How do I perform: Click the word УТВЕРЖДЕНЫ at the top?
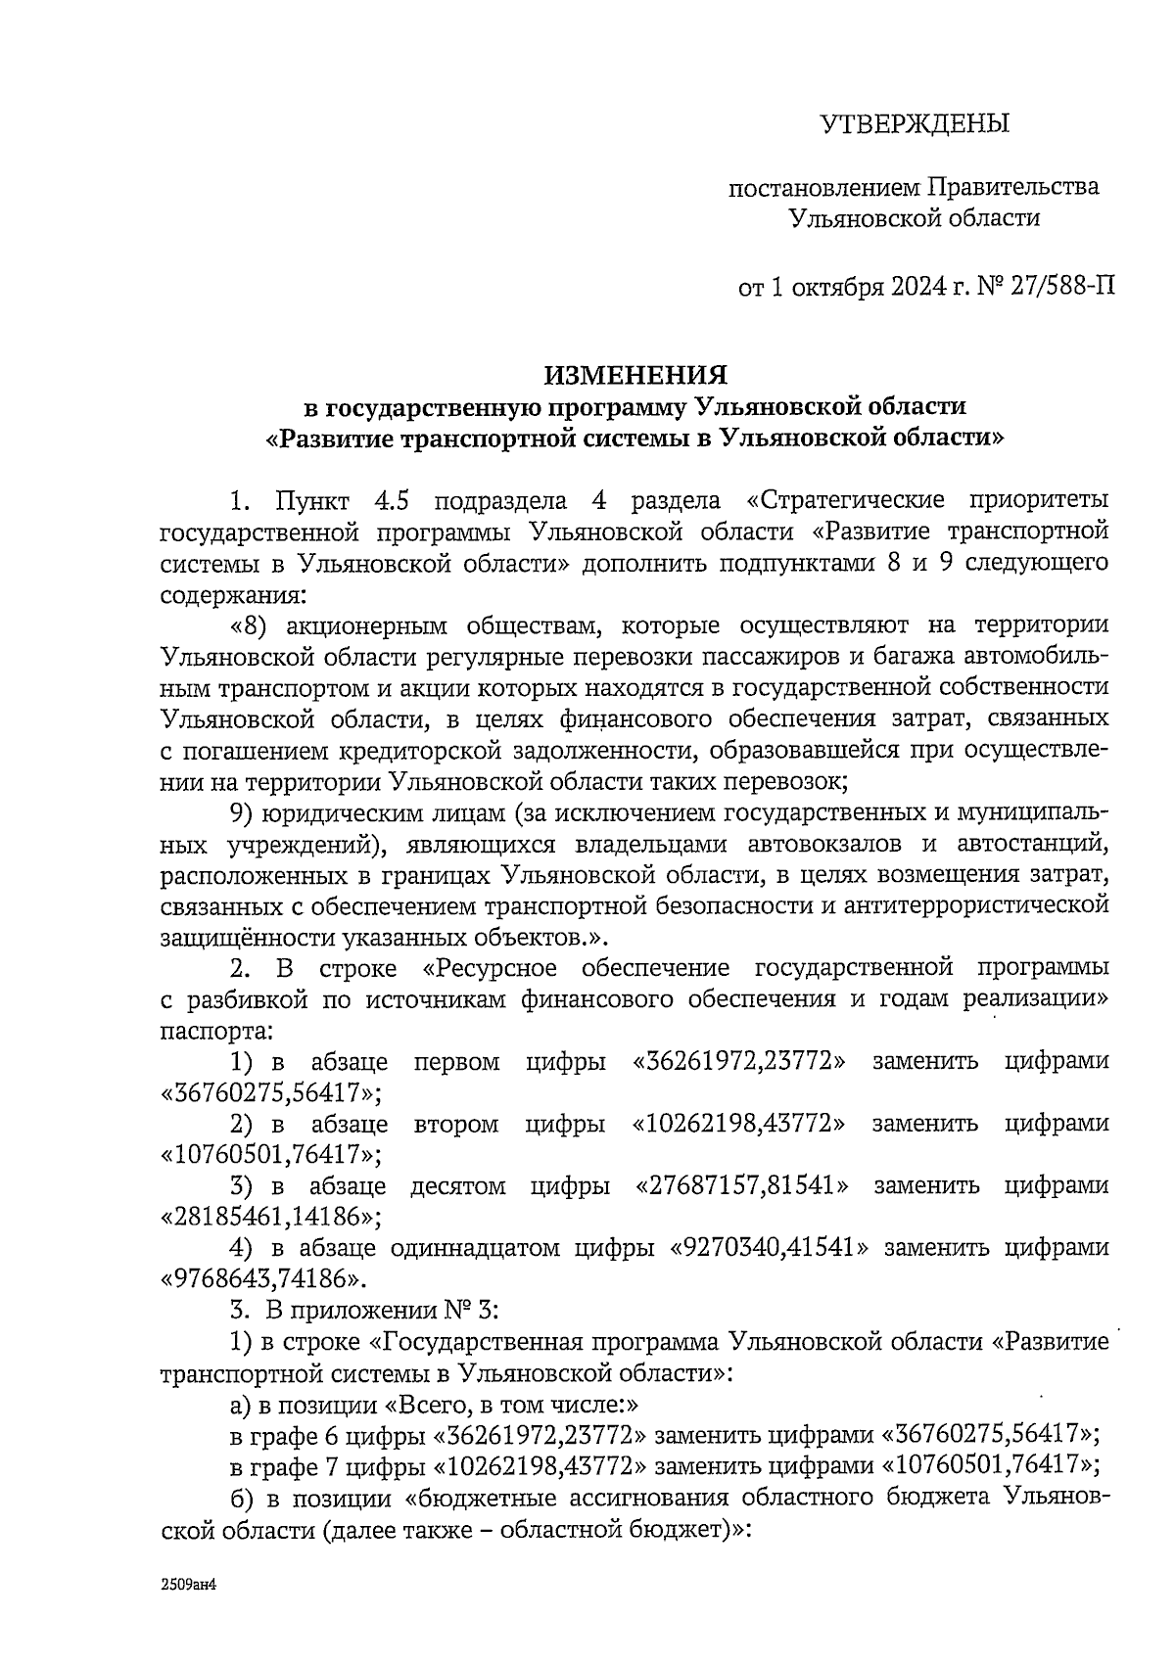(913, 124)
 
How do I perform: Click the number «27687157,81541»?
(742, 1186)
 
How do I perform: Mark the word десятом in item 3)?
(457, 1186)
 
